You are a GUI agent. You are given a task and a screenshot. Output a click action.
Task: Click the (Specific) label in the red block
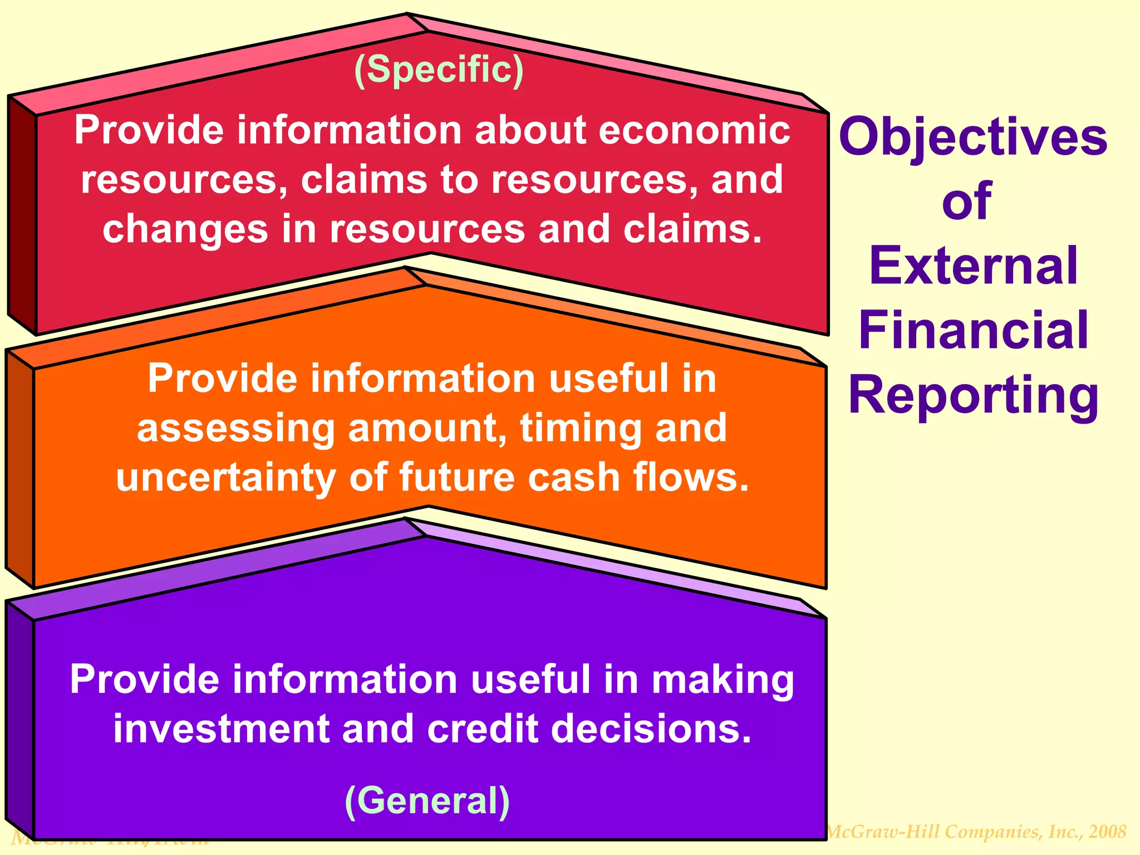point(439,70)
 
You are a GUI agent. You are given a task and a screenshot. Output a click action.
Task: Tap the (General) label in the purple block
point(427,801)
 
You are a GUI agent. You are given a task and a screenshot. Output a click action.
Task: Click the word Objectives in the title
point(973,137)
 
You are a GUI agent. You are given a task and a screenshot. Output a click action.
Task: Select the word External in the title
point(973,266)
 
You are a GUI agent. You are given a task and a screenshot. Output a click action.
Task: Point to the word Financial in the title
point(973,330)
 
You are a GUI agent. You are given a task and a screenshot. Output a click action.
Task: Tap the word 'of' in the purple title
point(967,202)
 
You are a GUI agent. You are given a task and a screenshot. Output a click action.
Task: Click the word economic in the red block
point(694,130)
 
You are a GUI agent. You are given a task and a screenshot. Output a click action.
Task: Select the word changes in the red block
point(185,229)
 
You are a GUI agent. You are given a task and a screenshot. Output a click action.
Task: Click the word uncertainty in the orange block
point(225,478)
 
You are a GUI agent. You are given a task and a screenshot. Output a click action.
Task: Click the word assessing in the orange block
point(235,429)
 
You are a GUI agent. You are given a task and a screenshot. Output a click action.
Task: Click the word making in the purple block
point(723,680)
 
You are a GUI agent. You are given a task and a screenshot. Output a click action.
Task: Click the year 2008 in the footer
point(1108,832)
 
